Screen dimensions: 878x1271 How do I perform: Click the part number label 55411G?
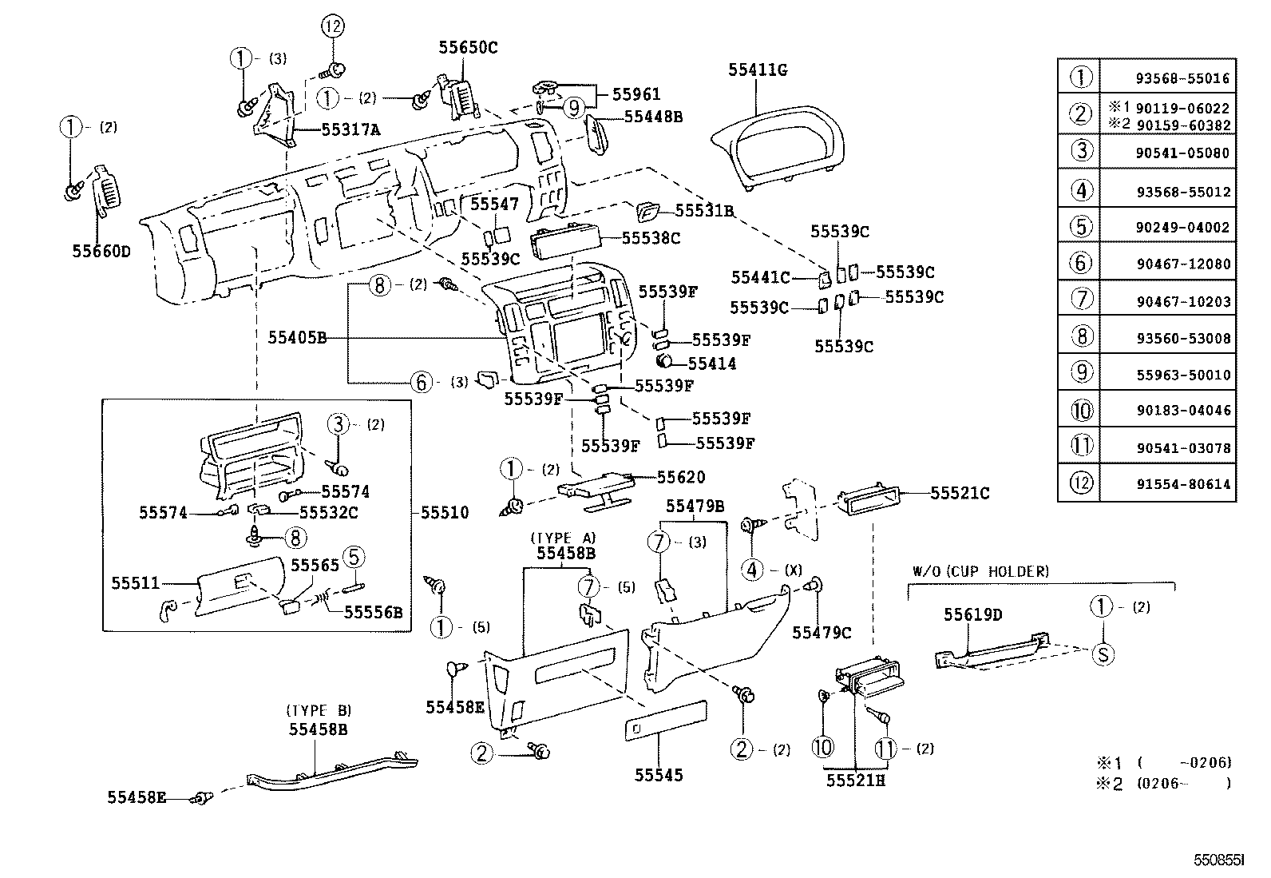758,70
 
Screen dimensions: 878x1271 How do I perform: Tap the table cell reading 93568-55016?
1182,79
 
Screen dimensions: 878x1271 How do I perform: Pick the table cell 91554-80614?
1182,484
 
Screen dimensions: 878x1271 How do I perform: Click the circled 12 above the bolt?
335,26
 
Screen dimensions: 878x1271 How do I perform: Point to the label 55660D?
101,251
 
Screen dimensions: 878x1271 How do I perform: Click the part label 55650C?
468,48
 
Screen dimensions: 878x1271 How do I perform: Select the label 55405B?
297,338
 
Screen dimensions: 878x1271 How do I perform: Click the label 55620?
680,478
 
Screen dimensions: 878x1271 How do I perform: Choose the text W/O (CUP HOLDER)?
980,572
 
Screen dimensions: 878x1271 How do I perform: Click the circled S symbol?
1103,654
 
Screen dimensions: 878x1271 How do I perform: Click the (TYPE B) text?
318,710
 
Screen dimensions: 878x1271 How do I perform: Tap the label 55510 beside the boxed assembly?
445,512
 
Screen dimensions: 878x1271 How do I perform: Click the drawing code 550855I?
1218,861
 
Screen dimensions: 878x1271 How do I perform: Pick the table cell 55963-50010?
1182,375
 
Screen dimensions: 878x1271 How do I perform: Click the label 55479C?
822,633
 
